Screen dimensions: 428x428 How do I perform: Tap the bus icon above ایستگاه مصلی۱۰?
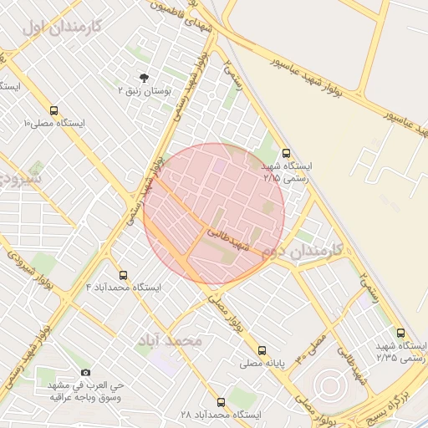pos(54,110)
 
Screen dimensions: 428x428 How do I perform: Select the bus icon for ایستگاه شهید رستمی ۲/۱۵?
pos(287,153)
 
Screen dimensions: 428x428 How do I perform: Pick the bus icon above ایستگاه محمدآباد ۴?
pos(124,274)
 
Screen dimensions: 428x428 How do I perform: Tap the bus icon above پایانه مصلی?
pos(262,351)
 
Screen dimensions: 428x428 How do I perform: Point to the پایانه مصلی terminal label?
pos(262,364)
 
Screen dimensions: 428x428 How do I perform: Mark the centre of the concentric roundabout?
pos(327,385)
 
